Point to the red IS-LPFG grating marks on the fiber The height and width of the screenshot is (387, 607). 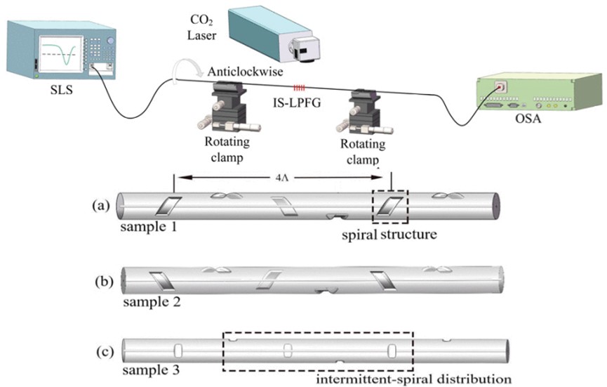point(300,87)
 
